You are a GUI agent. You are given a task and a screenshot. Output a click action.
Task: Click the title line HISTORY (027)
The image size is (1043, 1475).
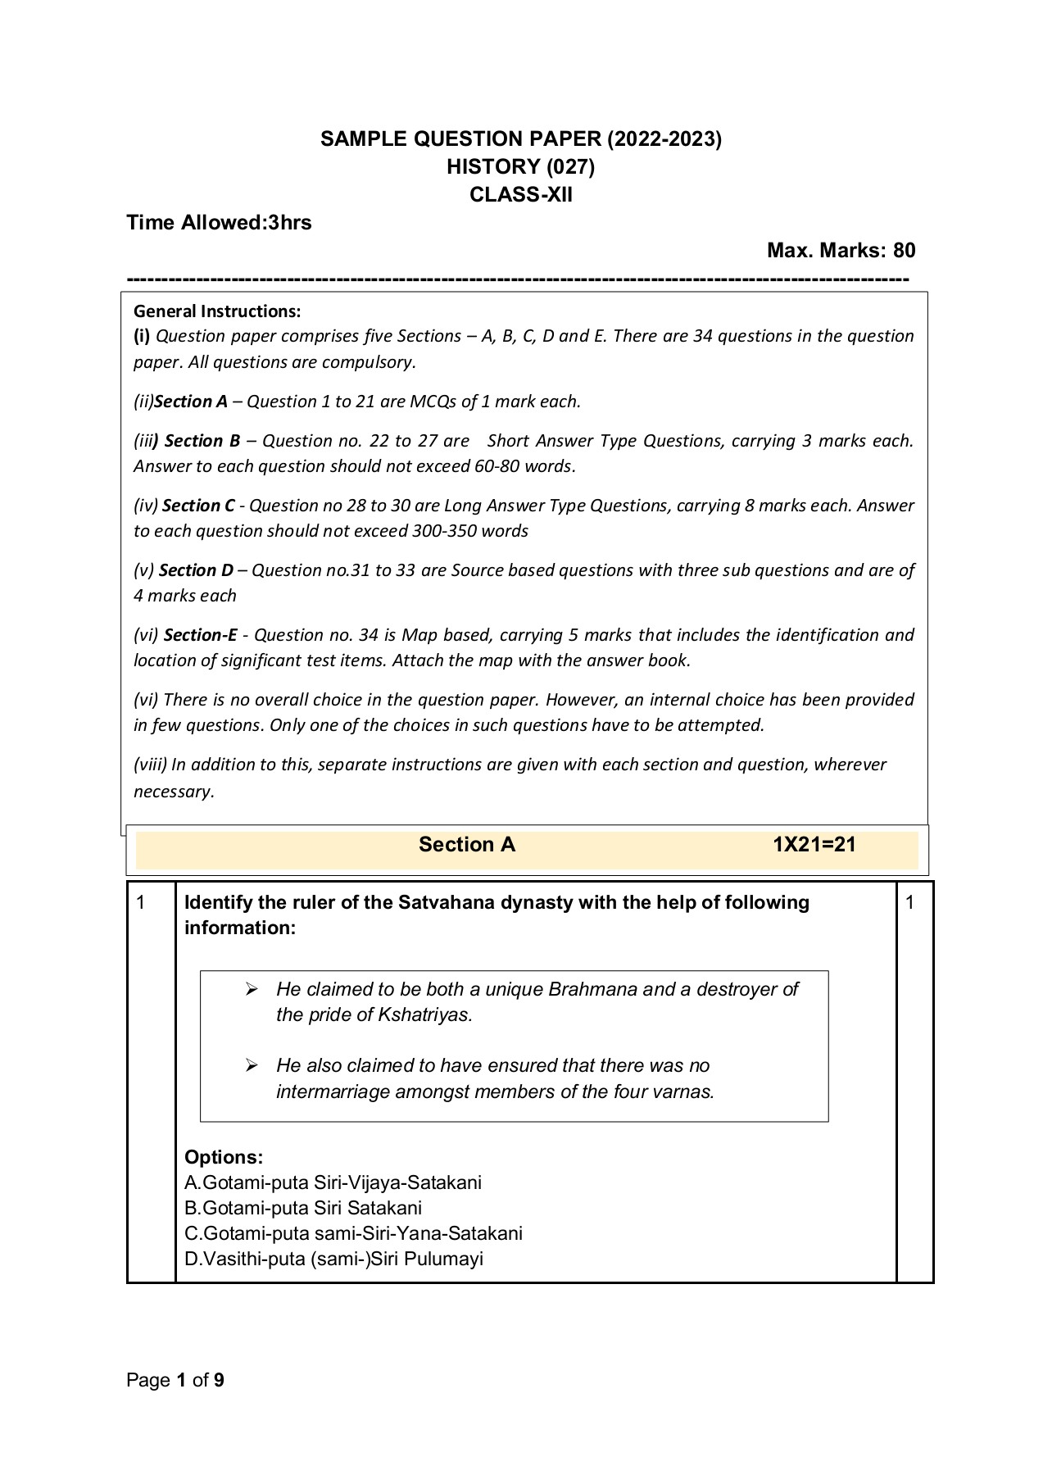click(x=520, y=167)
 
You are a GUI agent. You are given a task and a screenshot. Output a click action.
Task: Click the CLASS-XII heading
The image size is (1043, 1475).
click(x=520, y=195)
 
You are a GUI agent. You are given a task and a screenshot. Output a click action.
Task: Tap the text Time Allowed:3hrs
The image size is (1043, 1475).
click(x=219, y=223)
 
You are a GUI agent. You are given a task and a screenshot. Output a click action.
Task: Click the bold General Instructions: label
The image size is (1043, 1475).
click(x=217, y=311)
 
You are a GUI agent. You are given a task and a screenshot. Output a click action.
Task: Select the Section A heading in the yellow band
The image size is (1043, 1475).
click(x=466, y=845)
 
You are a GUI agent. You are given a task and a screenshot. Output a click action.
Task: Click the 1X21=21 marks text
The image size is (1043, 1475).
click(x=814, y=845)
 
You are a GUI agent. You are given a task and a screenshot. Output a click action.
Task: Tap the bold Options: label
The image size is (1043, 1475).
click(x=224, y=1157)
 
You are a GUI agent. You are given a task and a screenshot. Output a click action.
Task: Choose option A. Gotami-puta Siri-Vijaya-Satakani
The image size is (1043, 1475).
click(x=333, y=1182)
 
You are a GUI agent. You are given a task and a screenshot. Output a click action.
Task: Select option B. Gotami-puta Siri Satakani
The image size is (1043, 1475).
click(x=303, y=1208)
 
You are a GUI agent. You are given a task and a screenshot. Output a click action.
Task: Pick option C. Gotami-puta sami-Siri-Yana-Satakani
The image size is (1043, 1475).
click(x=353, y=1233)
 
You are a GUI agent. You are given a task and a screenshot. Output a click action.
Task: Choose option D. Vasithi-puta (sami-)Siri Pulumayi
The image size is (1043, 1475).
click(x=333, y=1259)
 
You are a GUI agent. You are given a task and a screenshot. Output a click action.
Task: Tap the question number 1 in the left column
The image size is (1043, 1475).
click(x=141, y=903)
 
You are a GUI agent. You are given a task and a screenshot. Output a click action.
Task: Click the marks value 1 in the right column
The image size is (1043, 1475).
click(x=909, y=903)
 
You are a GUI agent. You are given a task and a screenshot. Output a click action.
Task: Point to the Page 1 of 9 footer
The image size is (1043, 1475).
click(x=175, y=1381)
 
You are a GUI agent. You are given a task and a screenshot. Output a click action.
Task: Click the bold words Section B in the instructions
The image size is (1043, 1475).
click(x=202, y=441)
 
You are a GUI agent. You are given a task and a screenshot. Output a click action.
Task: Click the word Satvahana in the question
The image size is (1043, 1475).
click(x=440, y=903)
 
